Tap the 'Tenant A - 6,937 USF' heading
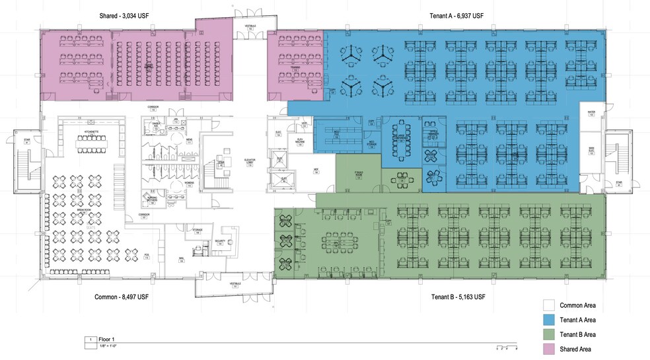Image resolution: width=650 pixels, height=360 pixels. point(452,16)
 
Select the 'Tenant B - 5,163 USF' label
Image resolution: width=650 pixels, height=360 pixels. point(452,297)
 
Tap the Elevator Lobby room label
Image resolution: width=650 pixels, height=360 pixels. point(250,162)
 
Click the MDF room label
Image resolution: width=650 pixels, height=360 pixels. point(316,170)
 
